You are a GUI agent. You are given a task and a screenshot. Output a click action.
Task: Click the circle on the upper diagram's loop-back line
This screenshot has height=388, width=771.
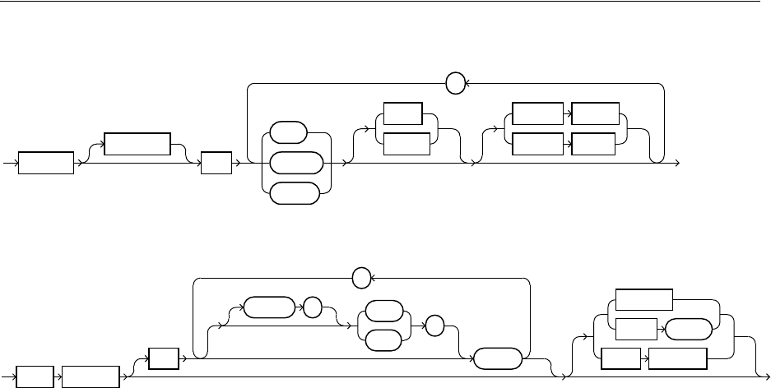454,83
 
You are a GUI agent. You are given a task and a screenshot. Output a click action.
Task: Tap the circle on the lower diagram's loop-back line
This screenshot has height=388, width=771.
360,279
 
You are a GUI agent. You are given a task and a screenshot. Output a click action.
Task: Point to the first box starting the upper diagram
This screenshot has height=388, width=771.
46,162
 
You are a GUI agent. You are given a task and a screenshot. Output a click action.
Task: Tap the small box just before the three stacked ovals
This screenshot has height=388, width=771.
216,162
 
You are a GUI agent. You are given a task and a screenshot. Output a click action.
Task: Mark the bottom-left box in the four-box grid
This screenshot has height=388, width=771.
537,144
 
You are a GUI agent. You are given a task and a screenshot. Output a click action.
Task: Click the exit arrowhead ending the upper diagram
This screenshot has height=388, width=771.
678,163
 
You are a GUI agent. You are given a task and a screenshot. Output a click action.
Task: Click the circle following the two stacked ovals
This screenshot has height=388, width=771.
434,326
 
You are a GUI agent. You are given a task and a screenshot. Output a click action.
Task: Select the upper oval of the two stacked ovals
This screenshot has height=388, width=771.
383,312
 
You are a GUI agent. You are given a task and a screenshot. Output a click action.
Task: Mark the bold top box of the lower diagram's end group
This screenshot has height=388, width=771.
644,301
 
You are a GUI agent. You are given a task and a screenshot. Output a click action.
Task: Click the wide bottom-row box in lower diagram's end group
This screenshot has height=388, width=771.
678,359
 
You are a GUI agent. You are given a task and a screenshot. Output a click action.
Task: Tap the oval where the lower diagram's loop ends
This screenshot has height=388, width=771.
495,359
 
